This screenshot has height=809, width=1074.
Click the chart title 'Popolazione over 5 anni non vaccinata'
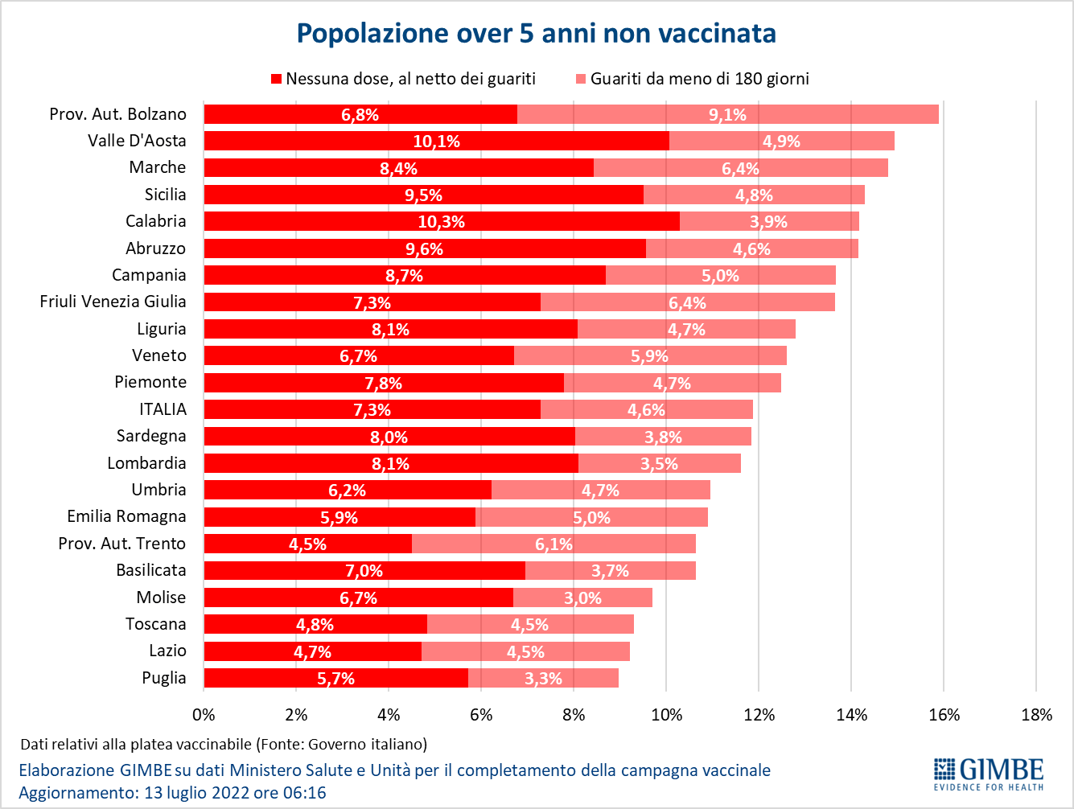pos(537,33)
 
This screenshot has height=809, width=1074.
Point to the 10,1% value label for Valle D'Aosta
pos(437,142)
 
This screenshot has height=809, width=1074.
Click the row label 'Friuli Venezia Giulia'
pos(113,302)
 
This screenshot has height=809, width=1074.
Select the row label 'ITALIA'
pos(163,409)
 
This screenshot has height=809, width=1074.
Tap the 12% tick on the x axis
pos(759,715)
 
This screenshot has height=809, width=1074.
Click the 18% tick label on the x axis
pos(1036,715)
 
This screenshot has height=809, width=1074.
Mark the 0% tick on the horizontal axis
pos(204,715)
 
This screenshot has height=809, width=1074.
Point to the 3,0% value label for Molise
pos(582,598)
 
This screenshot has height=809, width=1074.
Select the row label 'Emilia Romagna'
pos(126,516)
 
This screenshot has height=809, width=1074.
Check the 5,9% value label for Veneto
pos(649,356)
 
